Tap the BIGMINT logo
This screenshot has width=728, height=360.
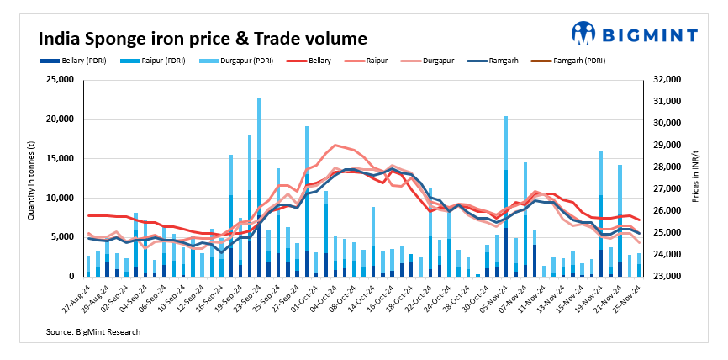[x=635, y=34]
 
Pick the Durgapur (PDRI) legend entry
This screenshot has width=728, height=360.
[x=228, y=61]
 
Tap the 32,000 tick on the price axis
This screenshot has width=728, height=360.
[x=663, y=80]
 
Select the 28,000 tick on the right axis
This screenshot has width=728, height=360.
[x=663, y=167]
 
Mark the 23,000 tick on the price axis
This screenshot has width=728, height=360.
[x=663, y=276]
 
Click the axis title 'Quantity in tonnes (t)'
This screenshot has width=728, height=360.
[x=31, y=178]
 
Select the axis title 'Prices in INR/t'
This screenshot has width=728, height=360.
[x=696, y=178]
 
